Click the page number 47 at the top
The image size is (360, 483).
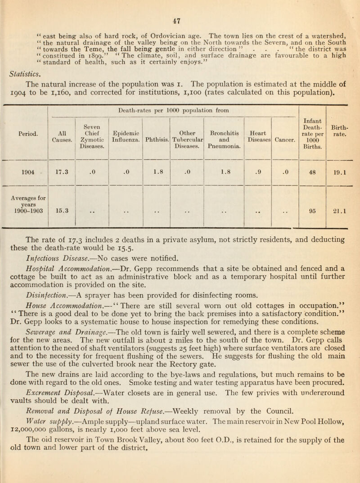(x=180, y=7)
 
